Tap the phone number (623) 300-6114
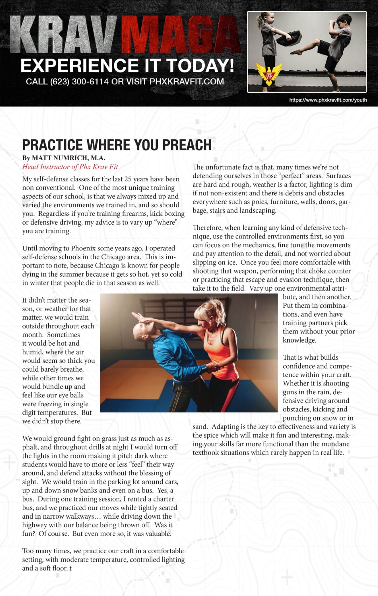[79, 82]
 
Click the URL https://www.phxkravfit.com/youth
[328, 100]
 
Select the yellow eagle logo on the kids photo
[269, 74]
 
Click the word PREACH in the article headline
[187, 145]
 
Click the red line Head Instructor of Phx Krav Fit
[70, 167]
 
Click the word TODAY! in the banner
[200, 66]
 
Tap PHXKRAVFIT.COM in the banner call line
[187, 82]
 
